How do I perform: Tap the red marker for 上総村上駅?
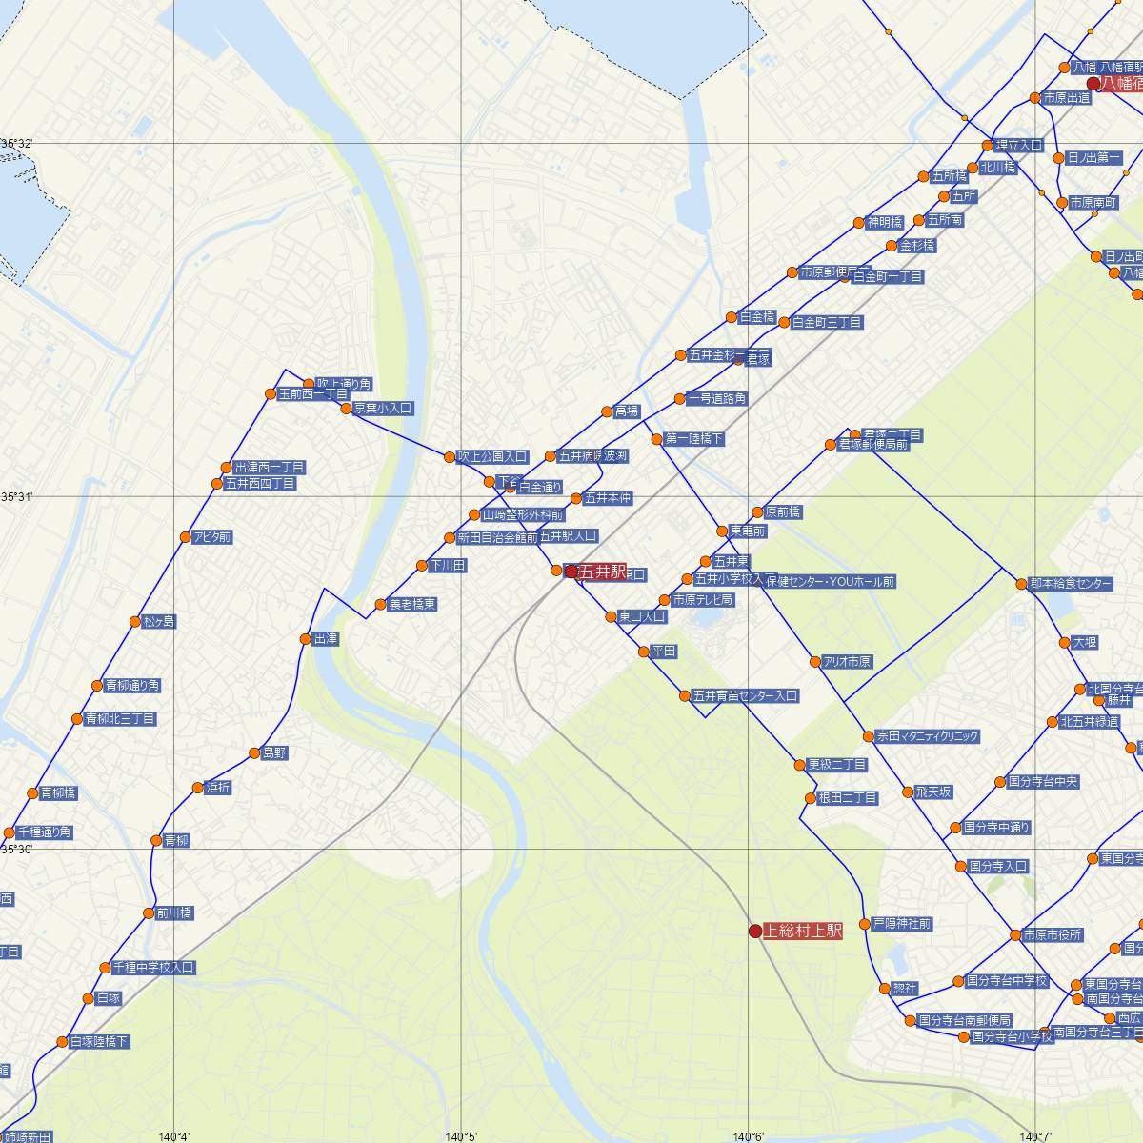(755, 931)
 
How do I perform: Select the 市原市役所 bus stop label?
(1052, 934)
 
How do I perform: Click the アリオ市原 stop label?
(847, 662)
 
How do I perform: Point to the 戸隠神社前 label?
(902, 924)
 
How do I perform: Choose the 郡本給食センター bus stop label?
(1071, 584)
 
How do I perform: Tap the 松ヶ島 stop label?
(159, 622)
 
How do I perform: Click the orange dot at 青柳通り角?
(97, 686)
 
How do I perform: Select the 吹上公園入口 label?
(491, 457)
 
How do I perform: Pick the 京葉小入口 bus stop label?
(383, 409)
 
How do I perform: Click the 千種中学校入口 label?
(153, 968)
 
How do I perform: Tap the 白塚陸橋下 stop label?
(99, 1042)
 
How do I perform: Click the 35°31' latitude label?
(17, 497)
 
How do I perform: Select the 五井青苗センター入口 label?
(745, 696)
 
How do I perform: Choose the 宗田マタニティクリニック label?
(927, 736)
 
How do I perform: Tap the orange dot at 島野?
(254, 753)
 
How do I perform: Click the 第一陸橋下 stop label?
(693, 439)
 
